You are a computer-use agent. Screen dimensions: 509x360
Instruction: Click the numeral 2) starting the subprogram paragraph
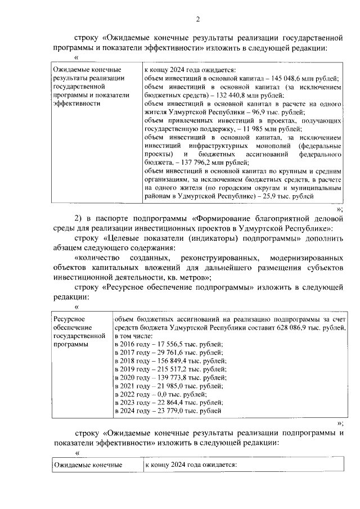tap(79, 218)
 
